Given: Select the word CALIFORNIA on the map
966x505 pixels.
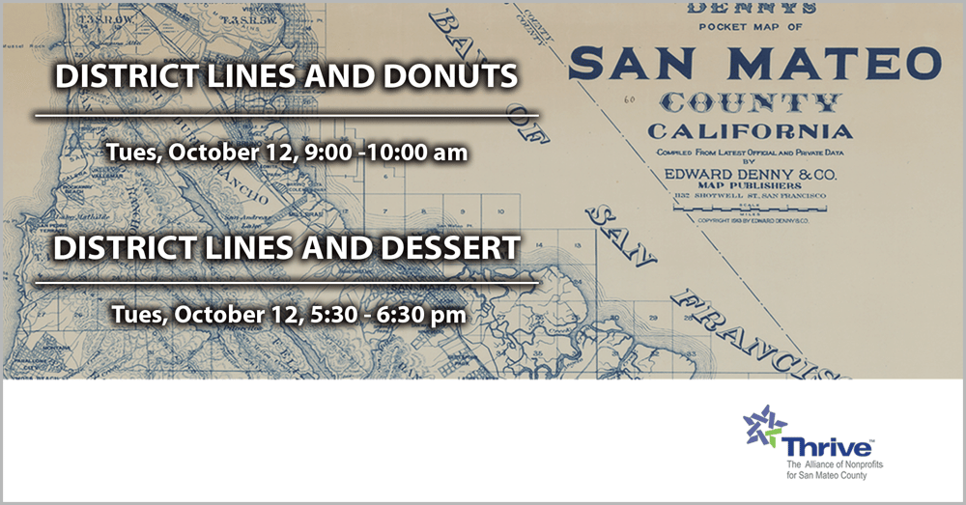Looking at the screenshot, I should click(749, 131).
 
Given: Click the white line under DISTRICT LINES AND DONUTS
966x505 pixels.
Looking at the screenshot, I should click(286, 114).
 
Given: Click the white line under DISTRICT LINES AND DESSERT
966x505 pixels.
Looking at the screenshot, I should click(286, 284).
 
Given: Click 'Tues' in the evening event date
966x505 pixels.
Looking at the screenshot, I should click(135, 314).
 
